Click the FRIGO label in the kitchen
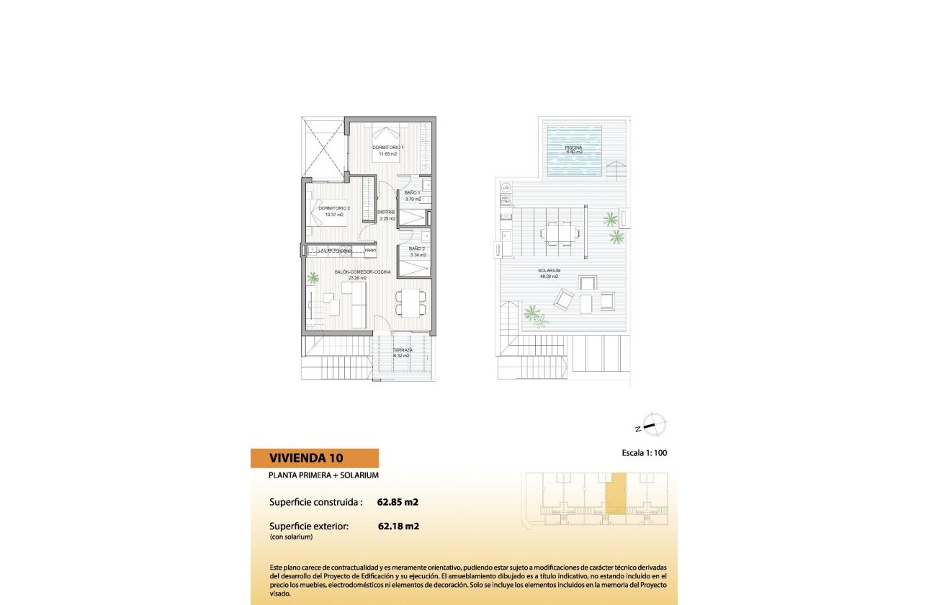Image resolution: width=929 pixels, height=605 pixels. coord(369,250)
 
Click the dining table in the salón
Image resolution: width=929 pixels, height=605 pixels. coord(410,302)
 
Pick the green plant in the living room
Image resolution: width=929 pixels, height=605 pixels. coord(313,277)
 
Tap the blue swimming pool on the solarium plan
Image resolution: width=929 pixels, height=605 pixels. coord(574,151)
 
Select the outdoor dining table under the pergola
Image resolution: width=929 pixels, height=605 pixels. coord(559,233)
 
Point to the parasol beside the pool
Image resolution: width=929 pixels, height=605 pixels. coord(616,171)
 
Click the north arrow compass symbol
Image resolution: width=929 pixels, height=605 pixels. coord(653,426)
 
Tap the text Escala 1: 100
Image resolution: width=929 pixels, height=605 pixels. coord(647,454)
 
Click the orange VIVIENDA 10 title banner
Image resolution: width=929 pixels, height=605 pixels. coord(315,458)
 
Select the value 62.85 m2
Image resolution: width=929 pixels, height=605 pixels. coord(398,502)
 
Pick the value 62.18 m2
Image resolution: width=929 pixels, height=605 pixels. coord(398,526)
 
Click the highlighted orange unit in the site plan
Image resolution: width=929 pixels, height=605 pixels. coord(614,494)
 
